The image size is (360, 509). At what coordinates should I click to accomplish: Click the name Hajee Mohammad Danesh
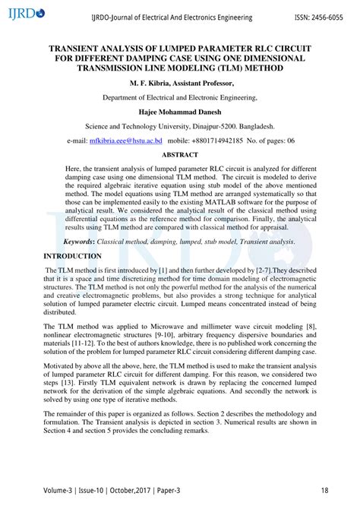tap(180, 112)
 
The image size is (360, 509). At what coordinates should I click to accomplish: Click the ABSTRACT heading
tap(180, 155)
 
